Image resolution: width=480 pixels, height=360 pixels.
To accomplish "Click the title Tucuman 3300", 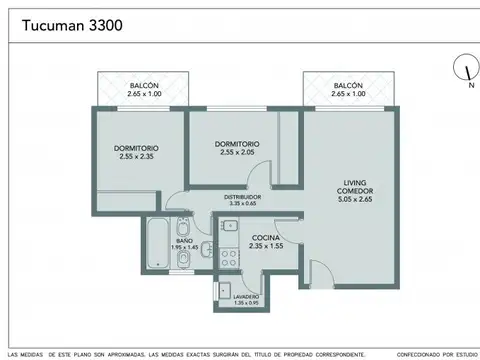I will click(x=66, y=24).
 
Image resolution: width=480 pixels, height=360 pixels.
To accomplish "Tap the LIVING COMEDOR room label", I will click(x=356, y=186).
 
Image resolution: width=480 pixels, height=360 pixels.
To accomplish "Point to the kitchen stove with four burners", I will click(x=227, y=257).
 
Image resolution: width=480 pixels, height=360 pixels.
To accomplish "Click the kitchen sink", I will click(x=227, y=227).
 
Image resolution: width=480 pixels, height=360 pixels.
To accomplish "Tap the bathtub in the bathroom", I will click(x=156, y=245).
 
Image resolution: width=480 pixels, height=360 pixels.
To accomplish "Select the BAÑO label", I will click(x=183, y=240).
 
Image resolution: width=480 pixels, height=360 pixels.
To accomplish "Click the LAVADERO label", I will click(x=247, y=296).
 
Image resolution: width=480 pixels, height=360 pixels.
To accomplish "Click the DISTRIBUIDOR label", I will click(x=242, y=197).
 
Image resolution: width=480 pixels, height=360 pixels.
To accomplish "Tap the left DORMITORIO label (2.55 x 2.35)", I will click(x=136, y=149).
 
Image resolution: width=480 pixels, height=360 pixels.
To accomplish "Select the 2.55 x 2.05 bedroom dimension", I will click(x=237, y=152).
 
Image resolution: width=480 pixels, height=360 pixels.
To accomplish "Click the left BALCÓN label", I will click(x=143, y=85).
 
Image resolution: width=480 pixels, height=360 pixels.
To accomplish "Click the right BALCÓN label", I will click(x=348, y=85).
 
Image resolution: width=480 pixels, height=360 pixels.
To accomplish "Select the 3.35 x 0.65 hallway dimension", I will click(x=242, y=204).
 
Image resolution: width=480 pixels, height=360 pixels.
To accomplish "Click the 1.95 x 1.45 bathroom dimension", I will click(x=183, y=247).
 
